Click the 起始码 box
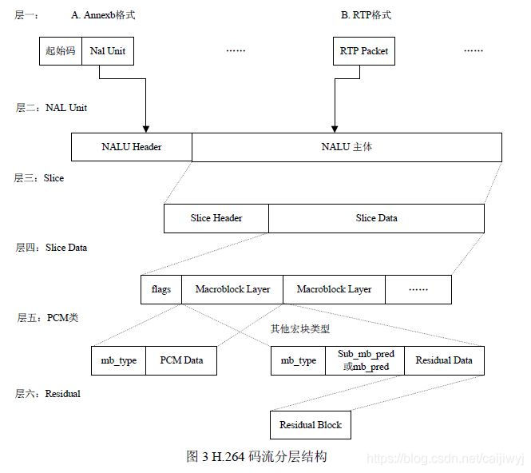61,51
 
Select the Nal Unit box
107,51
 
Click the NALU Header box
132,147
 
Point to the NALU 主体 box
347,147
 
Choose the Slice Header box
216,218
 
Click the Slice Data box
376,218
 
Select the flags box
161,289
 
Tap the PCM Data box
181,360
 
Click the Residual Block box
310,425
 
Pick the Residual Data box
443,360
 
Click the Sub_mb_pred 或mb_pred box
365,360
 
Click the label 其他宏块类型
299,328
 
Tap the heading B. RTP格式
365,15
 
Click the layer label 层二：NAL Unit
51,107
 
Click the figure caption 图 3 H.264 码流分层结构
256,456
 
